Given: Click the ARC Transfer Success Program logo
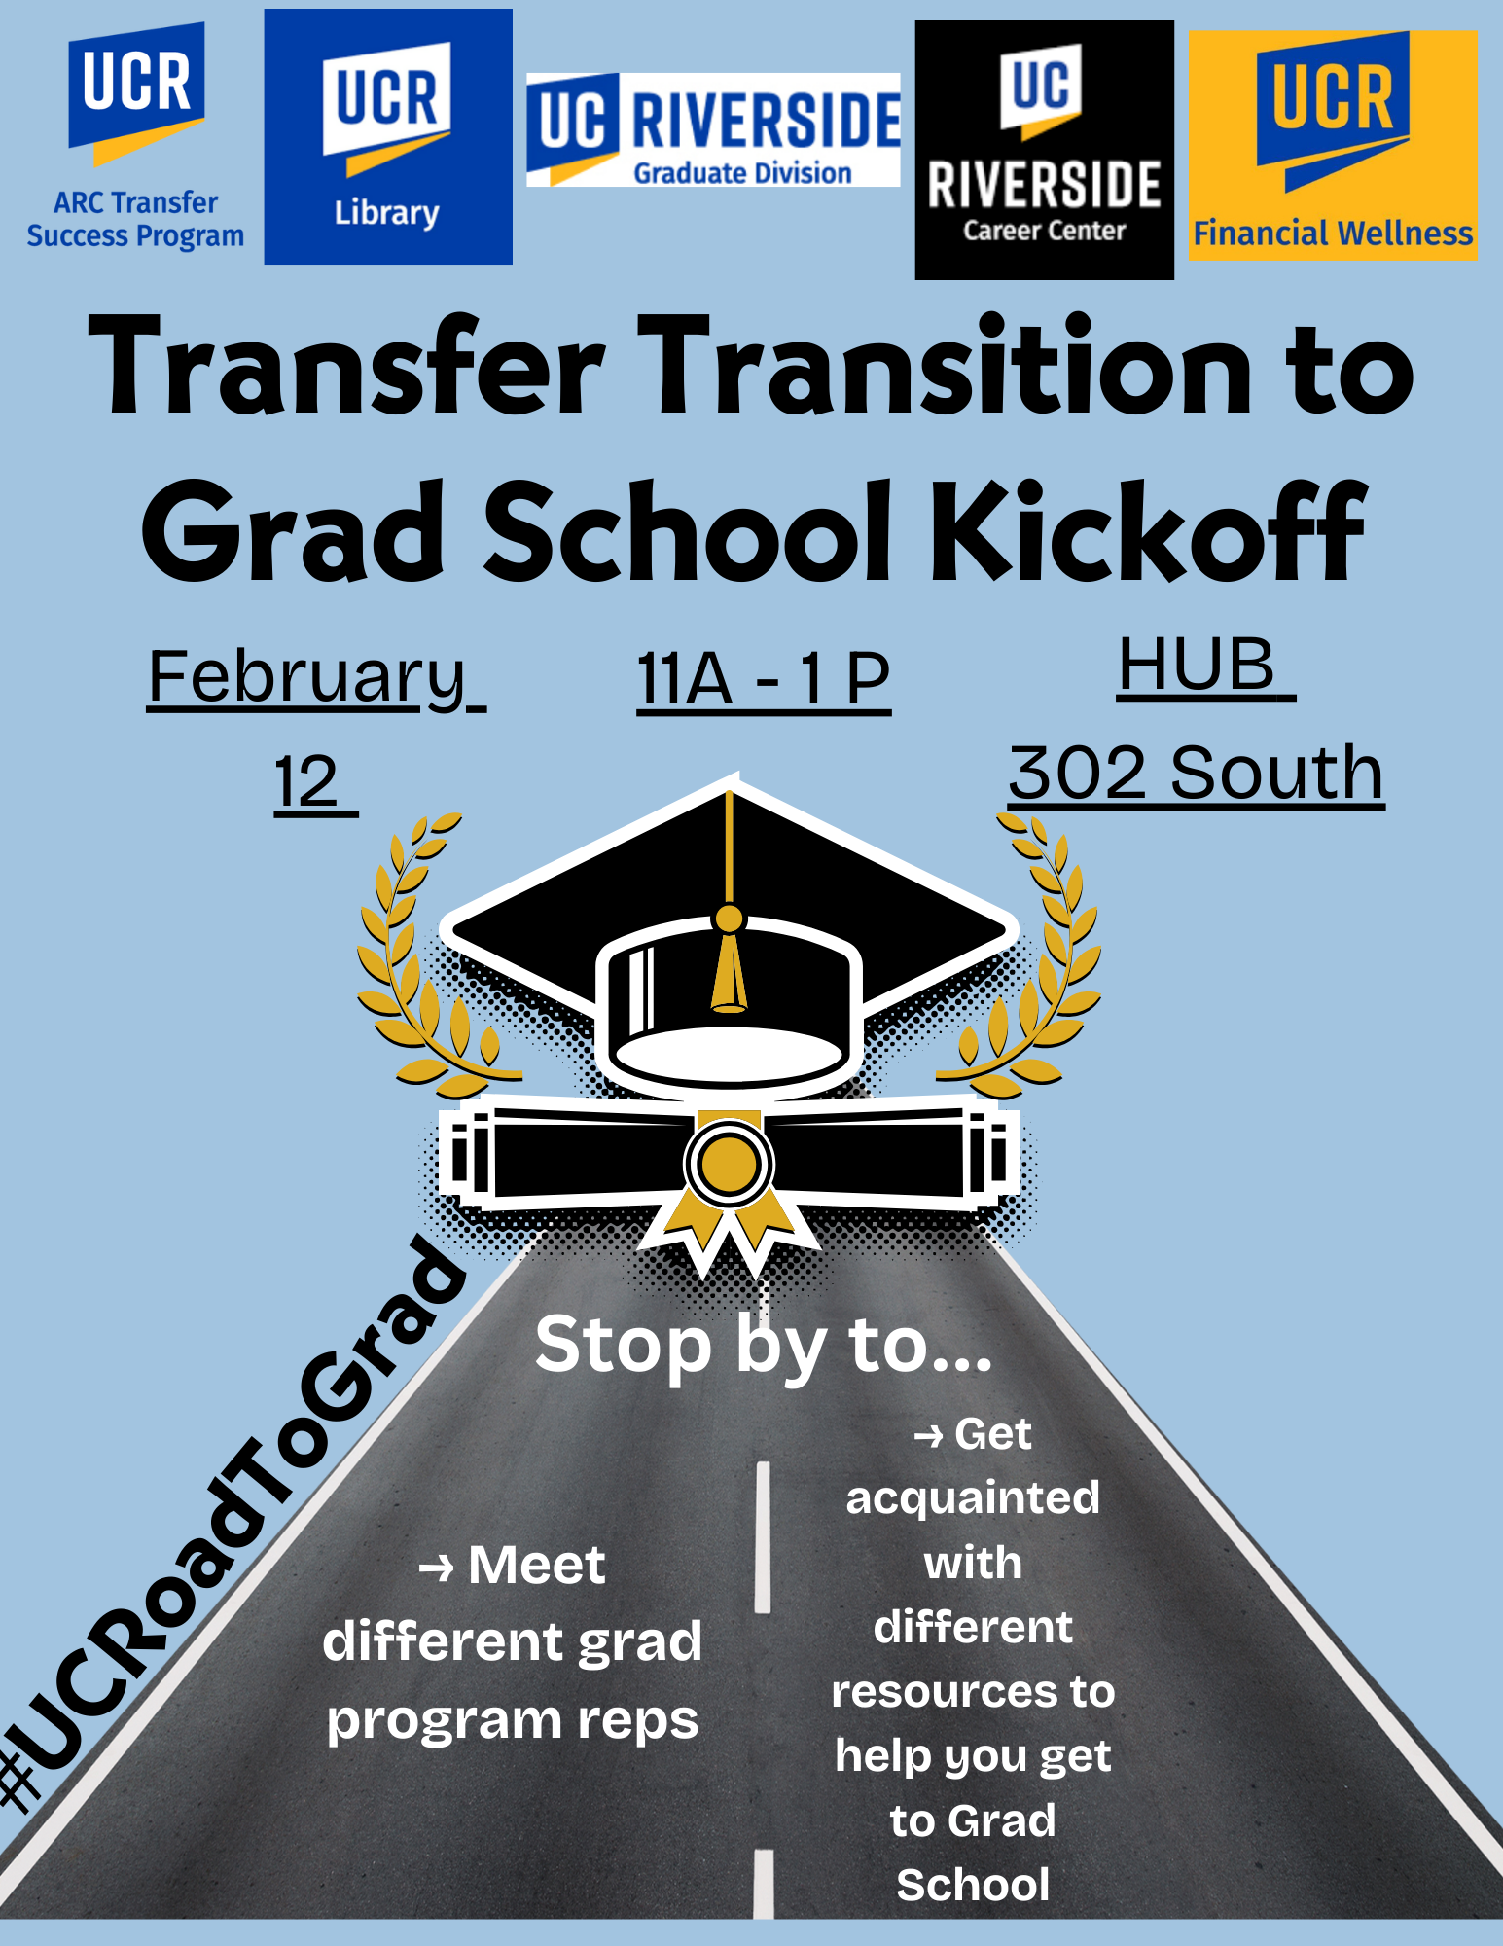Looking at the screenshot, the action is point(135,137).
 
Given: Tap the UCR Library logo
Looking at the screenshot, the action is point(388,137).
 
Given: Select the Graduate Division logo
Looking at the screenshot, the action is point(713,129).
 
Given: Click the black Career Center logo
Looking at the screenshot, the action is point(1044,150).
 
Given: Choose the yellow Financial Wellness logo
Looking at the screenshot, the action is point(1333,146).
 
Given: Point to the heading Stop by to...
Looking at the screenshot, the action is point(765,1344).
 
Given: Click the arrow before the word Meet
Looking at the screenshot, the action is point(436,1568).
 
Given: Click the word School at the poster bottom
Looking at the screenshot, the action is point(973,1885).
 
